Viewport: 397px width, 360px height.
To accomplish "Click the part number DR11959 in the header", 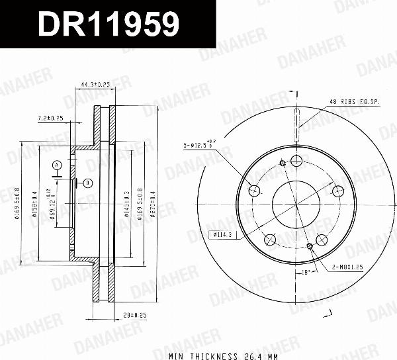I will [109, 24].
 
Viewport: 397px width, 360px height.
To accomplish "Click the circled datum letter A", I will [58, 164].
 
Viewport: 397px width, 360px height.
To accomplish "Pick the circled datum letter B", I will [87, 183].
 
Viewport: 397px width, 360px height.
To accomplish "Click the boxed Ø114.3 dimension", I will [223, 234].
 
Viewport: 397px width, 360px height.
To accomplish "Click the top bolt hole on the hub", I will [296, 161].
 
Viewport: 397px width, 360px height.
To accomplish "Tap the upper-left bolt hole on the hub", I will [254, 191].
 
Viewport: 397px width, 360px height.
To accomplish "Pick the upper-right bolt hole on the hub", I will [339, 191].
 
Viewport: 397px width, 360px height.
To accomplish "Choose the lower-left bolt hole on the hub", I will [270, 240].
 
